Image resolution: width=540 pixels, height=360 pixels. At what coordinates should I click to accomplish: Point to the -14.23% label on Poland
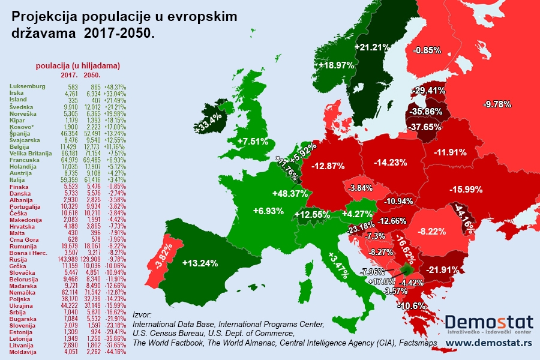coord(390,162)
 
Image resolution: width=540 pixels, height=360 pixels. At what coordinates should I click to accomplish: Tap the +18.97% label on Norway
coord(336,65)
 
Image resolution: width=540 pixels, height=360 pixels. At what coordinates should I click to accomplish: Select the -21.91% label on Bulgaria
coord(442,270)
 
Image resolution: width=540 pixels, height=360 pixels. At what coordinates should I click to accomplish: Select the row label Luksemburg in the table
coord(28,86)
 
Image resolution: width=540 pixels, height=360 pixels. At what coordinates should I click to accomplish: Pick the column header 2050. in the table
coord(92,76)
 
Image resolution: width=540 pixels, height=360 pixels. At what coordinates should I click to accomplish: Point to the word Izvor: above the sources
coord(143,314)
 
